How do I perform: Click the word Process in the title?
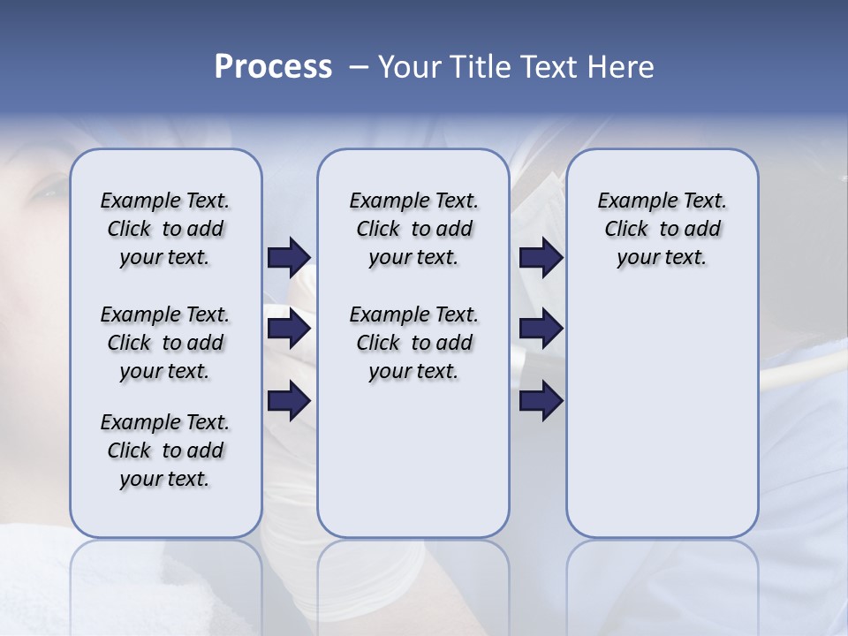pyautogui.click(x=273, y=67)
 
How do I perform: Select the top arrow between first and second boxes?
pyautogui.click(x=289, y=257)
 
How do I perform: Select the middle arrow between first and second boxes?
pyautogui.click(x=289, y=329)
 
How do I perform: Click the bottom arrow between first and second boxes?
pyautogui.click(x=289, y=401)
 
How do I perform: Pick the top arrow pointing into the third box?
pyautogui.click(x=541, y=257)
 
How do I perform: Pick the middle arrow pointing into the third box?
pyautogui.click(x=541, y=329)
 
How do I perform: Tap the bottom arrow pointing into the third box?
pyautogui.click(x=541, y=401)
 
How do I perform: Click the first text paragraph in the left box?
pyautogui.click(x=165, y=229)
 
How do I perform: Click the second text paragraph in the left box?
pyautogui.click(x=165, y=343)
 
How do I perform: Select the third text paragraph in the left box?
pyautogui.click(x=165, y=450)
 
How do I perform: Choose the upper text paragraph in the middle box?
pyautogui.click(x=413, y=229)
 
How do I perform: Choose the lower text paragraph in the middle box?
pyautogui.click(x=413, y=343)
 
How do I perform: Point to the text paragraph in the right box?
pyautogui.click(x=662, y=229)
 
